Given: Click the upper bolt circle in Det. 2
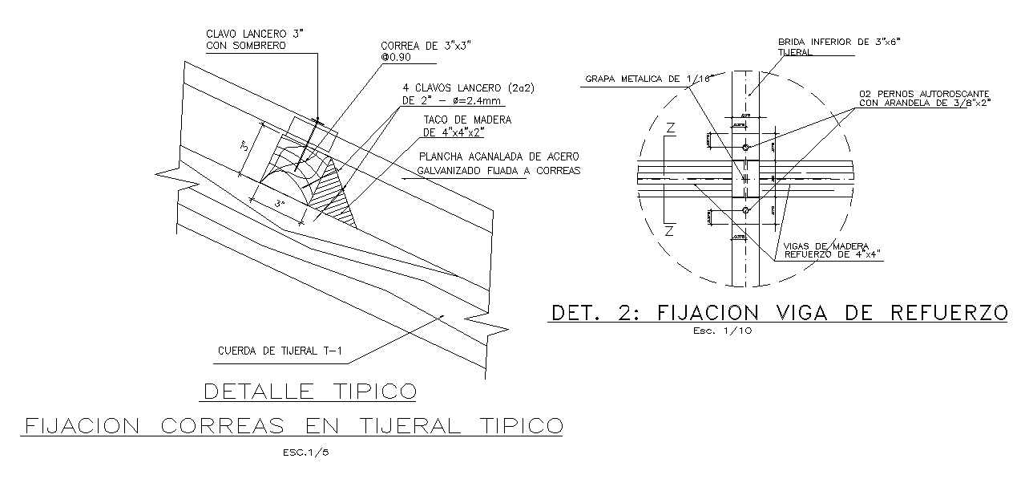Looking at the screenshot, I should click(x=746, y=148).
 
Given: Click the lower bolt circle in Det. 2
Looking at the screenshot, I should click(x=746, y=210).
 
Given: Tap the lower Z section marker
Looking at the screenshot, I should click(x=672, y=232).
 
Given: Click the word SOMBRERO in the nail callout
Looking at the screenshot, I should click(x=258, y=46).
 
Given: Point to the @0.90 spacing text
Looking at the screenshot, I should click(x=396, y=59).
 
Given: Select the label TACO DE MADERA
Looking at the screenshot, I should click(x=466, y=120).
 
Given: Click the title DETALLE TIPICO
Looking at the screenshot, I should click(x=310, y=392).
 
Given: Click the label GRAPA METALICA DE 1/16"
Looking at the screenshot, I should click(x=638, y=79).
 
